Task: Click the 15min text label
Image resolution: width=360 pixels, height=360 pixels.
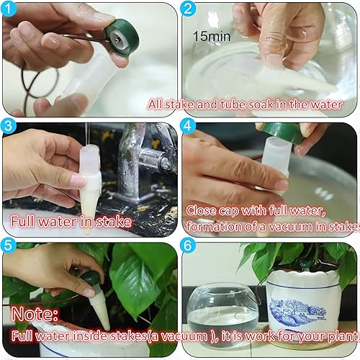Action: [210, 35]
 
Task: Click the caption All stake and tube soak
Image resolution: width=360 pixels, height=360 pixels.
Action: [252, 104]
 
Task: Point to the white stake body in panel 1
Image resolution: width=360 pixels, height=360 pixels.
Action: [86, 83]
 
